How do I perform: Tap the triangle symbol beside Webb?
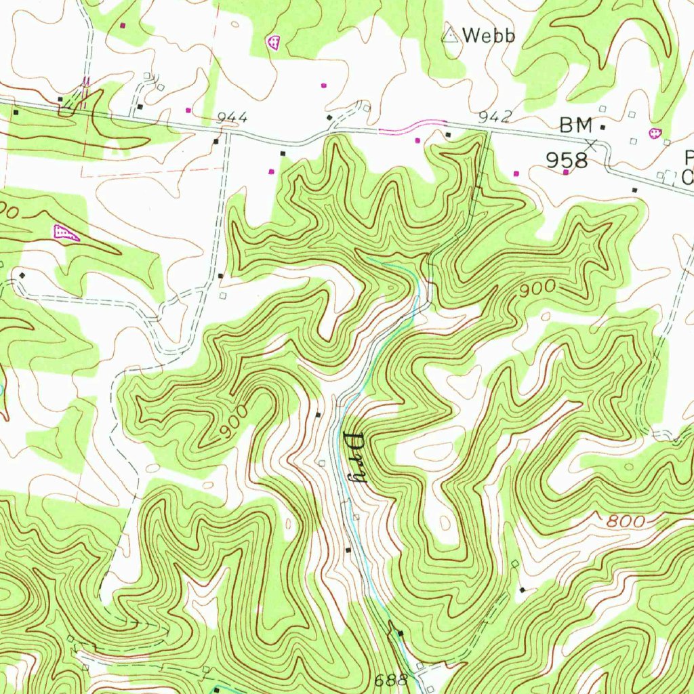pyautogui.click(x=449, y=34)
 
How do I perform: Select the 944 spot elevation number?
pyautogui.click(x=232, y=119)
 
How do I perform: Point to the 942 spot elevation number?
pyautogui.click(x=494, y=117)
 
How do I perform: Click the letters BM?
pyautogui.click(x=576, y=125)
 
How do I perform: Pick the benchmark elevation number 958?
pyautogui.click(x=567, y=161)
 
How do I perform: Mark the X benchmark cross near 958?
pyautogui.click(x=592, y=144)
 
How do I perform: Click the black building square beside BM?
pyautogui.click(x=603, y=127)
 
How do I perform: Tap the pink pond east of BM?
pyautogui.click(x=655, y=134)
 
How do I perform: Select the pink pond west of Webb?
pyautogui.click(x=273, y=43)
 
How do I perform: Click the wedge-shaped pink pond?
pyautogui.click(x=66, y=233)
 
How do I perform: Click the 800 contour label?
pyautogui.click(x=622, y=522)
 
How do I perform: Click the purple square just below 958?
pyautogui.click(x=566, y=173)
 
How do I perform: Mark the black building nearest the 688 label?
pyautogui.click(x=401, y=634)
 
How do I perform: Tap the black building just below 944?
pyautogui.click(x=216, y=142)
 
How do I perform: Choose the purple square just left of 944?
pyautogui.click(x=188, y=110)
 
